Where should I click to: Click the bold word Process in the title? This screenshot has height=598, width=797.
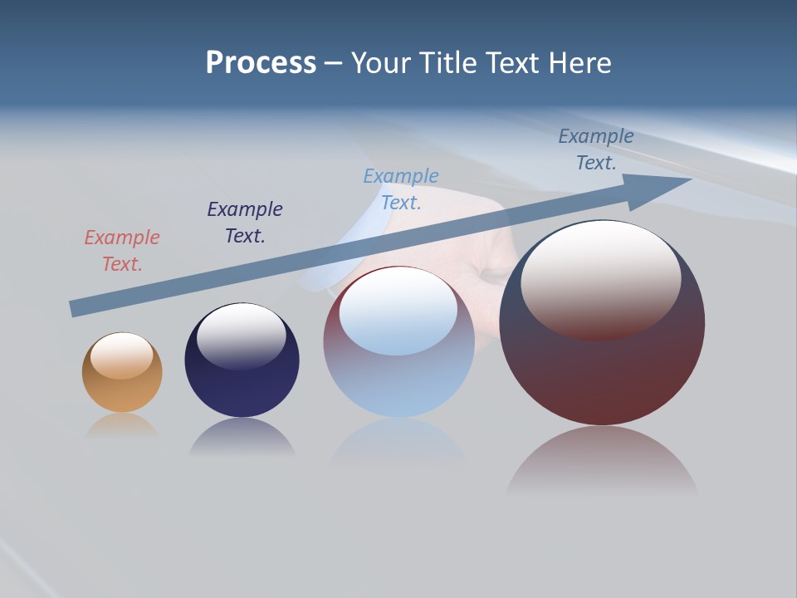(x=261, y=63)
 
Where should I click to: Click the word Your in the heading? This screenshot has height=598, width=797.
(x=383, y=63)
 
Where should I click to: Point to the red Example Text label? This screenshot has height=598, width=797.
(x=122, y=251)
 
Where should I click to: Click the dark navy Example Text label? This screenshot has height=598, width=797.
(x=245, y=223)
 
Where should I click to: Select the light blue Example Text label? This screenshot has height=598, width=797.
(x=401, y=189)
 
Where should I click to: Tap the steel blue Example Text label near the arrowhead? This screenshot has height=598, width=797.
(x=596, y=149)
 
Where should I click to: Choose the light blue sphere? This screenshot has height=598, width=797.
(x=398, y=382)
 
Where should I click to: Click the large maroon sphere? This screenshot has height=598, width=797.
(x=602, y=365)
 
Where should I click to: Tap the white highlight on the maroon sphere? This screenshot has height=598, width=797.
(x=600, y=278)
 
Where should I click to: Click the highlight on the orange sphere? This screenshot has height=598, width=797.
(x=121, y=355)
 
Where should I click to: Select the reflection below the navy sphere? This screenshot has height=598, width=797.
(x=242, y=438)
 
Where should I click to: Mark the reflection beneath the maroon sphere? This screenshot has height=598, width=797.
(x=602, y=461)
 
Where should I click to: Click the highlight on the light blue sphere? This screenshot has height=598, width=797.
(x=398, y=311)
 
